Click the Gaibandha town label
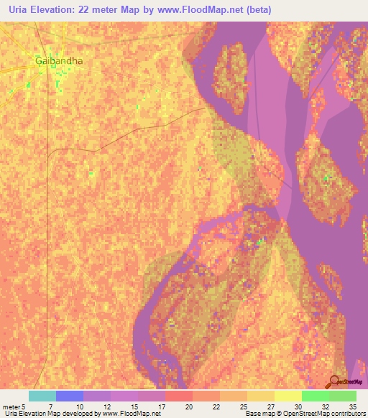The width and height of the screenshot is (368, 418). pyautogui.click(x=59, y=61)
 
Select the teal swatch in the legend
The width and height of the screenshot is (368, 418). pyautogui.click(x=42, y=396)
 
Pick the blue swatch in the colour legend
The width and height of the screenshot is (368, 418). pyautogui.click(x=70, y=396)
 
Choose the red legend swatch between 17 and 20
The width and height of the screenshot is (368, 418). pyautogui.click(x=179, y=396)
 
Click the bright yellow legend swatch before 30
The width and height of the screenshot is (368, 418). pyautogui.click(x=287, y=396)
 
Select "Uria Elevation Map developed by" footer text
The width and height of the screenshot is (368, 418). pyautogui.click(x=45, y=414)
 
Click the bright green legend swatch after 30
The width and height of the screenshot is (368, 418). pyautogui.click(x=315, y=396)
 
